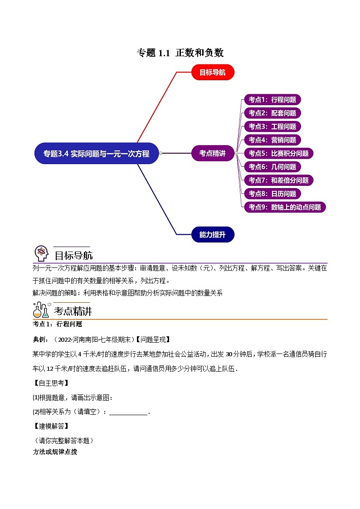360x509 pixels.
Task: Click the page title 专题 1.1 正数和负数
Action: (180, 53)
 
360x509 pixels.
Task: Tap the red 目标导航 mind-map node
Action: (213, 72)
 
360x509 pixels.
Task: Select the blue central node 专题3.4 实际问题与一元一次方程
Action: (97, 153)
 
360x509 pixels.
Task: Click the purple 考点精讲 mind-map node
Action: (213, 153)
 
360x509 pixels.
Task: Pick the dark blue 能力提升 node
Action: (213, 234)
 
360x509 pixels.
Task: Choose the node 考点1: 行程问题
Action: (272, 100)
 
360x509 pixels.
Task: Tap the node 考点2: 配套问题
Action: (272, 113)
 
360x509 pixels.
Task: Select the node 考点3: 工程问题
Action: (272, 126)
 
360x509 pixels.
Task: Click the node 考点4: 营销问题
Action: (272, 140)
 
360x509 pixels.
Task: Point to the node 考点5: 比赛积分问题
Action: (279, 153)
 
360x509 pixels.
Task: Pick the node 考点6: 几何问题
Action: (272, 167)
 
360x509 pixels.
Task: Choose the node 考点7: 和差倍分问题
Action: (279, 180)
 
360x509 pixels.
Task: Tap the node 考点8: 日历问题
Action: (272, 194)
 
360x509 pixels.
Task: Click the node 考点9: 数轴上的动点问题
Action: (285, 207)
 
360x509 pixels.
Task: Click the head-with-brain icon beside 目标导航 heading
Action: (41, 253)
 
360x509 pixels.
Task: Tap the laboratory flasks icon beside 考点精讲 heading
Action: (42, 310)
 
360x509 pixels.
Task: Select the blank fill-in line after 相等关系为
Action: (129, 415)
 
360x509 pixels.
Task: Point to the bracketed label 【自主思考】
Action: (51, 383)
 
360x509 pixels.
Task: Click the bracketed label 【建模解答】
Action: (51, 426)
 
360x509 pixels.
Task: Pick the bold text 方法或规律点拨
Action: (55, 452)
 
